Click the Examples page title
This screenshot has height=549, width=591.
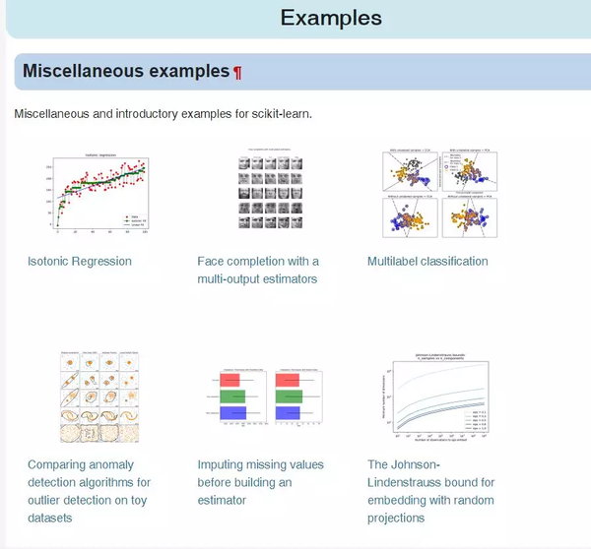click(331, 18)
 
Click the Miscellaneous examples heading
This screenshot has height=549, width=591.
click(125, 71)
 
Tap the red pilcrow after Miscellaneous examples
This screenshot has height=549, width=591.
click(237, 72)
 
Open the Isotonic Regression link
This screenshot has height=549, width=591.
click(80, 261)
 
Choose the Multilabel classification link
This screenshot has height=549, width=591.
click(427, 261)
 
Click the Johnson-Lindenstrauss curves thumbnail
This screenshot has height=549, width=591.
click(431, 396)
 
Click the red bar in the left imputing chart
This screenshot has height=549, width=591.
click(235, 380)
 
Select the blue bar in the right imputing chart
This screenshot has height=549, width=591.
click(289, 412)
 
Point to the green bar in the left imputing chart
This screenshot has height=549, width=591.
click(235, 396)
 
